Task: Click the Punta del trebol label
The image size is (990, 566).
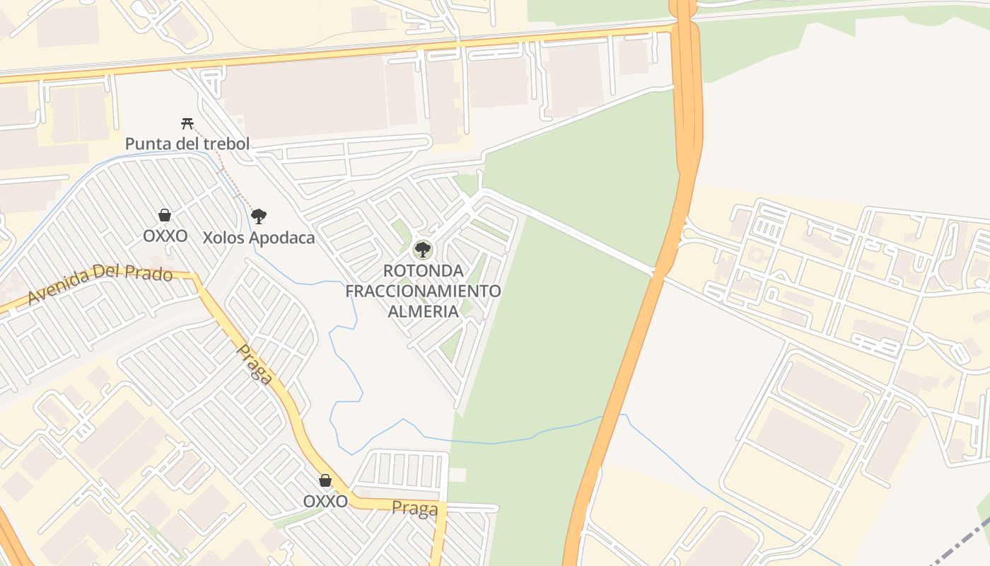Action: [187, 144]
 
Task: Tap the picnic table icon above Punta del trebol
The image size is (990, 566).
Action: [187, 124]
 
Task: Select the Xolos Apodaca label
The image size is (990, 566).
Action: [259, 238]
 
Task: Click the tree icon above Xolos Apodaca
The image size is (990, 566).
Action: [259, 216]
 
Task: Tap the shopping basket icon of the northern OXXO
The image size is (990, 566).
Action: [165, 215]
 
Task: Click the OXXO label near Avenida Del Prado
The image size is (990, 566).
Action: [165, 236]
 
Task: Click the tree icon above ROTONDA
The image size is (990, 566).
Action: [423, 249]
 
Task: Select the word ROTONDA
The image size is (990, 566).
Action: [423, 271]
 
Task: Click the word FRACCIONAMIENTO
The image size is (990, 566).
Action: [423, 291]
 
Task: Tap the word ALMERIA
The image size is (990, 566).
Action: [423, 311]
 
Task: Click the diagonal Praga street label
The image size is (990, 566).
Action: [255, 364]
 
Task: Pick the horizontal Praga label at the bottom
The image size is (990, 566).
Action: [414, 509]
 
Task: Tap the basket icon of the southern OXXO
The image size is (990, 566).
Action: [325, 481]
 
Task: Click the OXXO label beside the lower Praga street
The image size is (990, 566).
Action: [325, 502]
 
